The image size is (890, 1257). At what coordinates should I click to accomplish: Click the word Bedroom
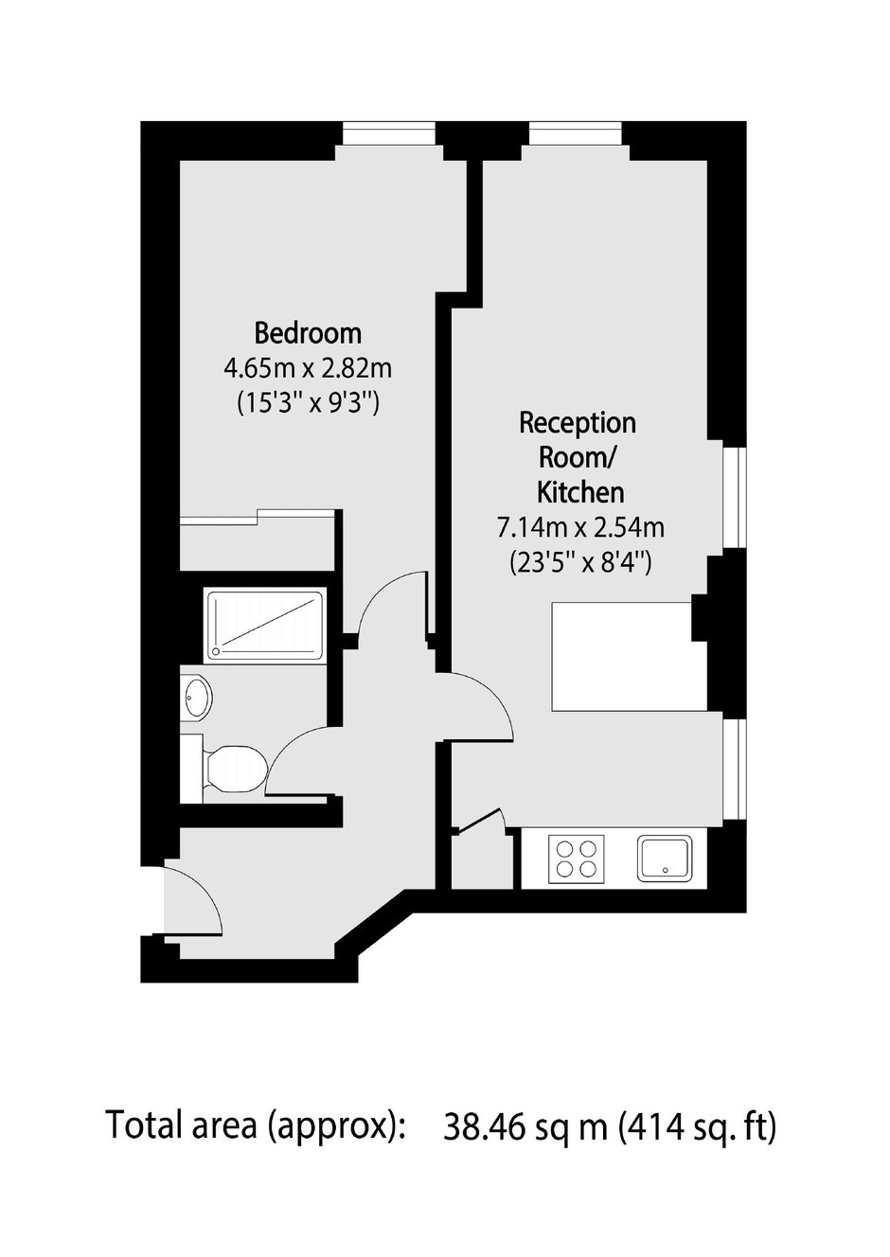pyautogui.click(x=308, y=333)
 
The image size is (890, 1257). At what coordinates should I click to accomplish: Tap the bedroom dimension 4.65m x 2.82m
pyautogui.click(x=308, y=369)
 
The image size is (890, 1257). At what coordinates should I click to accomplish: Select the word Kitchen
pyautogui.click(x=580, y=493)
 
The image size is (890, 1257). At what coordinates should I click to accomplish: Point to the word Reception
pyautogui.click(x=578, y=423)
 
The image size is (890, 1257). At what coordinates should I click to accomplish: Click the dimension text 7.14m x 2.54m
pyautogui.click(x=580, y=528)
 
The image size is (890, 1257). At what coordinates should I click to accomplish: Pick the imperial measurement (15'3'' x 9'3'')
pyautogui.click(x=308, y=403)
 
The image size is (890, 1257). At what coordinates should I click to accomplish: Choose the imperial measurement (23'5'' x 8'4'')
pyautogui.click(x=580, y=563)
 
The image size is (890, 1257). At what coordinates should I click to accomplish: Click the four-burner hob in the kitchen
pyautogui.click(x=576, y=858)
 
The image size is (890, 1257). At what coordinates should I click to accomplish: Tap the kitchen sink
pyautogui.click(x=665, y=858)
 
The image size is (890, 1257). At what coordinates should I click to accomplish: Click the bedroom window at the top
pyautogui.click(x=389, y=133)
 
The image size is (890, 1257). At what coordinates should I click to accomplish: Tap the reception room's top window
pyautogui.click(x=576, y=133)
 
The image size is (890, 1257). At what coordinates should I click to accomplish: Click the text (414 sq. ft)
pyautogui.click(x=698, y=1125)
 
